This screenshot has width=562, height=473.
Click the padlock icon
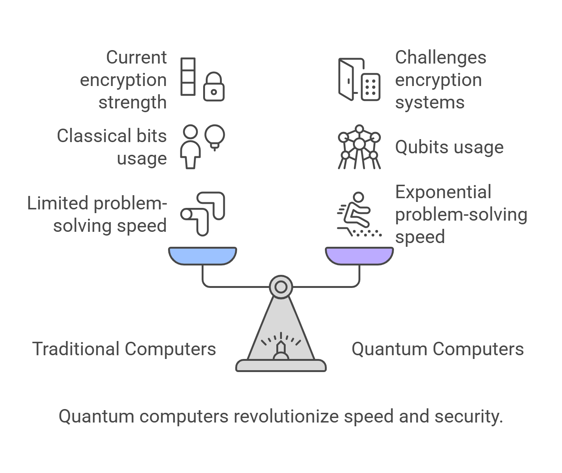click(214, 87)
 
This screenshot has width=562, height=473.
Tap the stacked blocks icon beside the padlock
click(188, 76)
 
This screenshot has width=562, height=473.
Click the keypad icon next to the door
click(371, 87)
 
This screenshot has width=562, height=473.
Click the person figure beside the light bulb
click(190, 147)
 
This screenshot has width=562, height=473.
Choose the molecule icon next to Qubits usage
click(359, 147)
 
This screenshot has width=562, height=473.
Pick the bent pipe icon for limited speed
click(204, 213)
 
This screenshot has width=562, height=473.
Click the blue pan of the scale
click(202, 255)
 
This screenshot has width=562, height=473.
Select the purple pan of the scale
click(359, 255)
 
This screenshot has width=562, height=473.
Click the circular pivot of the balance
click(281, 287)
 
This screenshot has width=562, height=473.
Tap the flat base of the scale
click(281, 365)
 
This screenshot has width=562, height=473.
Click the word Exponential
click(443, 192)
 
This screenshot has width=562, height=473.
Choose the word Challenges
click(441, 58)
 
